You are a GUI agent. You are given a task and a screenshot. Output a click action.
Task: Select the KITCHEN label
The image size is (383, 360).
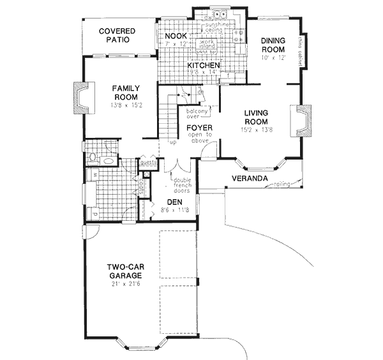pyautogui.click(x=204, y=66)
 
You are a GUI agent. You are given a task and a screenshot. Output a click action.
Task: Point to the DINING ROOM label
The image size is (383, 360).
pyautogui.click(x=276, y=45)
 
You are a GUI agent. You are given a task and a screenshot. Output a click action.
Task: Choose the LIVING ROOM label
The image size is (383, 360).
pyautogui.click(x=259, y=118)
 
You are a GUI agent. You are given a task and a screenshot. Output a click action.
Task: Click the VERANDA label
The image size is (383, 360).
pyautogui.click(x=248, y=178)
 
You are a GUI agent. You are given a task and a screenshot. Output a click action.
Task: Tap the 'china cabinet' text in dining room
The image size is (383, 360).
pyautogui.click(x=299, y=50)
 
